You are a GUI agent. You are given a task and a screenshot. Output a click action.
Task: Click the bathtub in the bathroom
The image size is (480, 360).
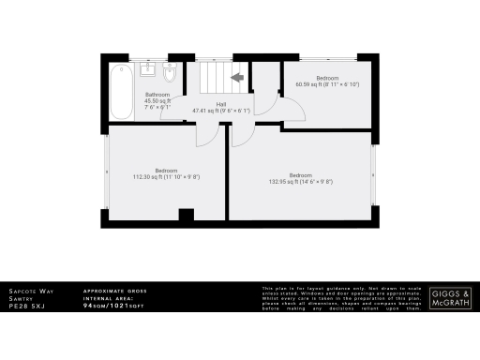[x=121, y=92]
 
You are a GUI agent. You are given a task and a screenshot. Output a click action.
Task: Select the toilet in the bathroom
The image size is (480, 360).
[x=170, y=73]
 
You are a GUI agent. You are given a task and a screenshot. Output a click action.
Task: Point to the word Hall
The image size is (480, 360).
[x=220, y=104]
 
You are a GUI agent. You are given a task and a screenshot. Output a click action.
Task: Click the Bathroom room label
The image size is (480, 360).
[x=157, y=96]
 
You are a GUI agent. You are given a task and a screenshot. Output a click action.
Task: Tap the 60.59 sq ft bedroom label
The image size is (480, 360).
[x=327, y=84]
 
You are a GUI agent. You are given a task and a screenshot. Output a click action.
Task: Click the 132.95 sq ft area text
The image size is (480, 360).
[x=301, y=181]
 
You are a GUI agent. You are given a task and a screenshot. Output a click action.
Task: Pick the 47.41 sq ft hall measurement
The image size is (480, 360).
[x=222, y=111]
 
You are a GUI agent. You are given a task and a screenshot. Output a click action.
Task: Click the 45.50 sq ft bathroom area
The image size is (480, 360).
[x=157, y=101]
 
